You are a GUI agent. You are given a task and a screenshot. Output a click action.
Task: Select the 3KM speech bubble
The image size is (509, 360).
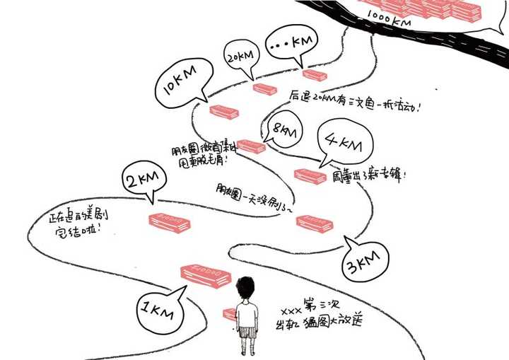click(365, 263)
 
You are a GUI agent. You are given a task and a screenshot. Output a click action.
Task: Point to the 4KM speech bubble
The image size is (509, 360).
click(344, 144)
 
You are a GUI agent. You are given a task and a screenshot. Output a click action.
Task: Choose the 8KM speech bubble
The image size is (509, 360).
click(286, 132)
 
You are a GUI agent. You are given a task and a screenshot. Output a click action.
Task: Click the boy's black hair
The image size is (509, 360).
click(245, 289)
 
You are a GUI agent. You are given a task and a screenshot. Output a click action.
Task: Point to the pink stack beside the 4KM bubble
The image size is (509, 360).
click(310, 175)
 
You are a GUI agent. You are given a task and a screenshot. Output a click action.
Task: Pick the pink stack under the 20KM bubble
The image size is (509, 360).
click(265, 89)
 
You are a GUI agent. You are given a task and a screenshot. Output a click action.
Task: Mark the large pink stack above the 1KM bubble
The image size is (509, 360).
click(206, 274)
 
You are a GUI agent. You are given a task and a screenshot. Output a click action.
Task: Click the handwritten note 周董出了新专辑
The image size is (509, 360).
click(369, 176)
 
